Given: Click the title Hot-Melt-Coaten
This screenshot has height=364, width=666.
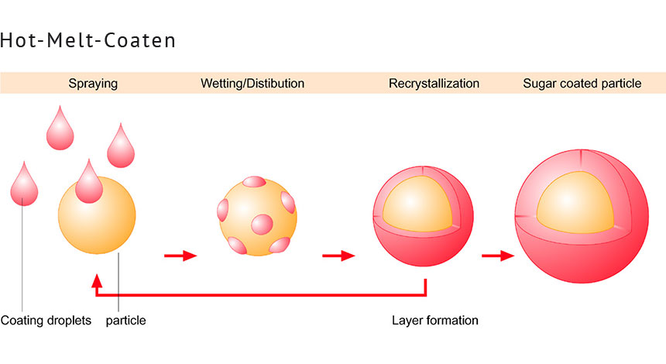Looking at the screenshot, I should click(88, 40).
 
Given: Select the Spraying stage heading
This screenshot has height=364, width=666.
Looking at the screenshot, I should click(93, 83).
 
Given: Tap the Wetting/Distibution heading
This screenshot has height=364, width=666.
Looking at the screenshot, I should click(252, 83).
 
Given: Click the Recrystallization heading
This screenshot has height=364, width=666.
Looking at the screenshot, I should click(434, 83).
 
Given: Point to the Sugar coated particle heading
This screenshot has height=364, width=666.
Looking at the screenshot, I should click(582, 83).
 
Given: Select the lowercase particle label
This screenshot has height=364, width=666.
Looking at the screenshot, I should click(125, 320).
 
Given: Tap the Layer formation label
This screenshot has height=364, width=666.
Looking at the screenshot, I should click(434, 320).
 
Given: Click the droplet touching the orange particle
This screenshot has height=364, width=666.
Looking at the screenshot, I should click(89, 183).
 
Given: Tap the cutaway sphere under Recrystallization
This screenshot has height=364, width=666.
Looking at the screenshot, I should click(411, 217).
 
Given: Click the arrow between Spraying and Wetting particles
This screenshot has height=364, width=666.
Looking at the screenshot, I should click(180, 255).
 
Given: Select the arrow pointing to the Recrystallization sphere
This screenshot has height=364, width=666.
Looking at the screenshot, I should click(338, 255).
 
